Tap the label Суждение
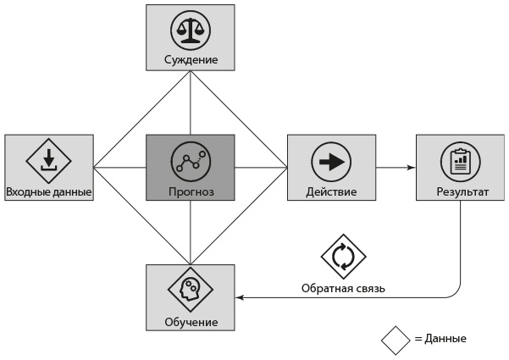click(x=191, y=60)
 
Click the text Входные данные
click(x=48, y=191)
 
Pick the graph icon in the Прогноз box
click(x=190, y=158)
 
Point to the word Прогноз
click(x=191, y=191)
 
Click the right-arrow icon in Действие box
click(x=331, y=158)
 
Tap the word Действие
click(x=331, y=191)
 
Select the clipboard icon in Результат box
click(x=460, y=158)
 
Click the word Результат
click(x=460, y=191)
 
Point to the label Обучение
click(x=191, y=323)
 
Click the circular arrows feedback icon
click(x=343, y=257)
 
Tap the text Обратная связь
click(x=343, y=288)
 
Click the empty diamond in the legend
click(x=395, y=339)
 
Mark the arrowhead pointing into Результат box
click(x=411, y=168)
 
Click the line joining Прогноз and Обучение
click(x=190, y=233)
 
